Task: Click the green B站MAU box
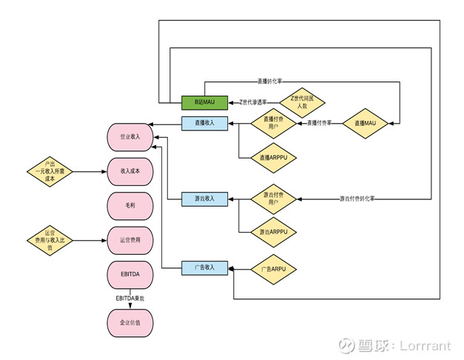pyautogui.click(x=205, y=101)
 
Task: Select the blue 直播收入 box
pyautogui.click(x=205, y=123)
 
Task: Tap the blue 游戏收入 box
pyautogui.click(x=205, y=199)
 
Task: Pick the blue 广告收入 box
pyautogui.click(x=205, y=267)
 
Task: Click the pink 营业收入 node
pyautogui.click(x=130, y=137)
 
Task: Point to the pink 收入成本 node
pyautogui.click(x=130, y=171)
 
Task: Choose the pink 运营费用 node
pyautogui.click(x=130, y=240)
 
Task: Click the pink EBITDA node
pyautogui.click(x=130, y=275)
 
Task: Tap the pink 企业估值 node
pyautogui.click(x=130, y=323)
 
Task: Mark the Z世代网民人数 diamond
pyautogui.click(x=302, y=101)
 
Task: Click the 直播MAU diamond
pyautogui.click(x=366, y=123)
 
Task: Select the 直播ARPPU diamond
pyautogui.click(x=274, y=157)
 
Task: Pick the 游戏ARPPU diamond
pyautogui.click(x=274, y=233)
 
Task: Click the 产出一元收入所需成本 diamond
pyautogui.click(x=50, y=171)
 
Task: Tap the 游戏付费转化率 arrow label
pyautogui.click(x=362, y=199)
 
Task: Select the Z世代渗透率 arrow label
pyautogui.click(x=254, y=101)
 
